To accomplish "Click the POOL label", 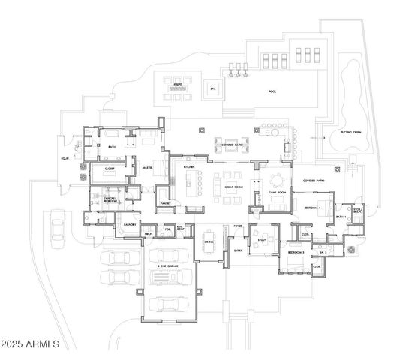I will point(272,91).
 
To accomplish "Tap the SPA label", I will point(213,89).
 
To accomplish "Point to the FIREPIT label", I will point(179,83).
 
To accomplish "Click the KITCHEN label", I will point(189,166).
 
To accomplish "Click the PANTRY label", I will point(167,202).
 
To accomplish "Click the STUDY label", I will point(262,239).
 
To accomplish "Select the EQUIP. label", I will point(65,158).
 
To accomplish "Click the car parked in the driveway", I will point(56,228).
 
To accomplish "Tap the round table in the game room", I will point(277,180).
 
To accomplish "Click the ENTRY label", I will point(239,250).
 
